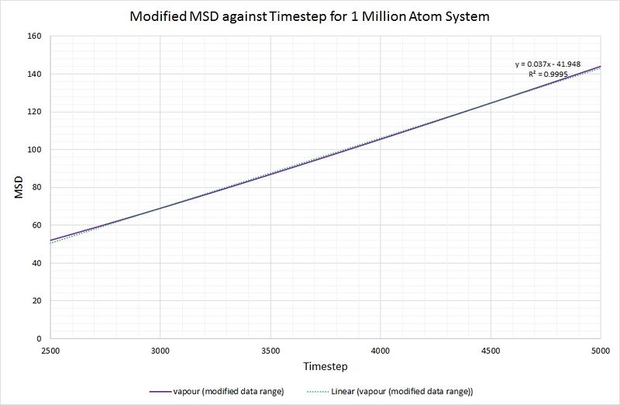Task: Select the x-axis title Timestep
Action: tap(325, 365)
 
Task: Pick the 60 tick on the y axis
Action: tap(35, 225)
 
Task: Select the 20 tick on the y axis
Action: tap(35, 301)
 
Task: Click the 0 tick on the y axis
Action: tap(38, 339)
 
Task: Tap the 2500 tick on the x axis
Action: tap(50, 350)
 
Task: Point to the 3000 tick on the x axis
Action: tap(160, 350)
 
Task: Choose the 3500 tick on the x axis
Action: tap(270, 350)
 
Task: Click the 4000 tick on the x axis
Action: tap(381, 350)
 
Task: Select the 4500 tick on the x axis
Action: tap(491, 350)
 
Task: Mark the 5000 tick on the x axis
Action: tap(600, 350)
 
